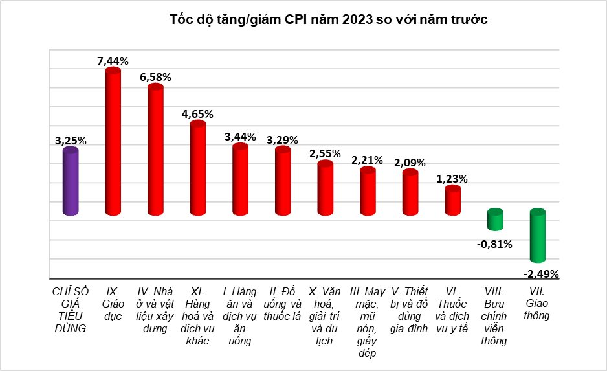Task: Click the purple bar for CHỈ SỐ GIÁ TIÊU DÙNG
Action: (71, 182)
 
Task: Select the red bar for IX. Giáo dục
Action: (113, 142)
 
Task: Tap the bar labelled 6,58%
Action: (155, 150)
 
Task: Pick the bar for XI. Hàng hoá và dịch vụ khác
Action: (197, 168)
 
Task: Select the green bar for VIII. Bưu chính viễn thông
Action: (495, 219)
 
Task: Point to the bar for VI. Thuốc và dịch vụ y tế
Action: (452, 201)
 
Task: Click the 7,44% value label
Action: (113, 61)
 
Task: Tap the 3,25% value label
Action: (71, 141)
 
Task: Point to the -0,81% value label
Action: (495, 244)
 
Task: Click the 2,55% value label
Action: (326, 154)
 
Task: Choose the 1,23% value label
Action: (452, 179)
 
